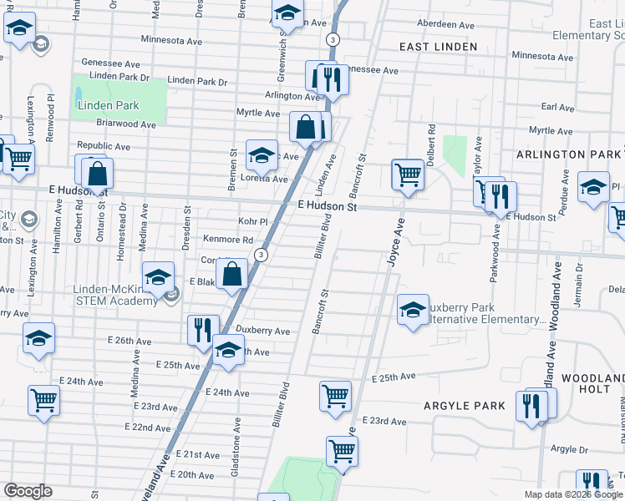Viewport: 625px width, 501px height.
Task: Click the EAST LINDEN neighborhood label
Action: [438, 47]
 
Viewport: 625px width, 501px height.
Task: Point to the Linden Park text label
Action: [108, 105]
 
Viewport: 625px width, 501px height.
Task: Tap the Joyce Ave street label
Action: [393, 243]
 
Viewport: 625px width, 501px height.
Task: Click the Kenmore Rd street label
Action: [228, 240]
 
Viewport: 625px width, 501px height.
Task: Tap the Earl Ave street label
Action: [557, 108]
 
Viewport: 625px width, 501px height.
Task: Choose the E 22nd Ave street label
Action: [148, 428]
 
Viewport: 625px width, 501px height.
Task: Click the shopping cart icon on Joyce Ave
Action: [407, 175]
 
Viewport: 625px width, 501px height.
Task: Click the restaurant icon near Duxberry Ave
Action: [202, 329]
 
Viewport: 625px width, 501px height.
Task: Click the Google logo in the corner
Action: [28, 491]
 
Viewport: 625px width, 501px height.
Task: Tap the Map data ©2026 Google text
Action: [574, 494]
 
